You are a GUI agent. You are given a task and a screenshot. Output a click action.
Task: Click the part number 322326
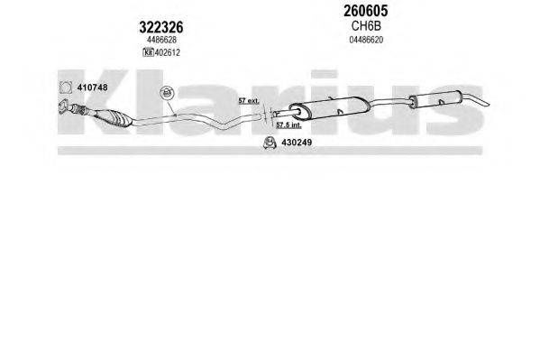(x=161, y=27)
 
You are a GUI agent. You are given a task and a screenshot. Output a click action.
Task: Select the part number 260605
(x=366, y=11)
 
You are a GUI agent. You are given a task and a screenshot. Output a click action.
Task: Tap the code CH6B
(x=366, y=26)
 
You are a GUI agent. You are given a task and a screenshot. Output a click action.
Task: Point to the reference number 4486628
(x=161, y=40)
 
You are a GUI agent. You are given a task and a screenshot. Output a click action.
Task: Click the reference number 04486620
(x=366, y=40)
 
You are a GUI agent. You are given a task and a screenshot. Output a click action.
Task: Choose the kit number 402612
(x=168, y=52)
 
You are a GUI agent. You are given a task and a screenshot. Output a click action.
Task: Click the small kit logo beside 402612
(x=148, y=52)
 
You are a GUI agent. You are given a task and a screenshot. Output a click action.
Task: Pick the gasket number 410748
(x=92, y=88)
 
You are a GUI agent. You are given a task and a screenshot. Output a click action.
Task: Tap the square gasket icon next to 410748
(x=66, y=88)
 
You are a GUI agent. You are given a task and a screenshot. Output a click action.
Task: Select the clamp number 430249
(x=297, y=143)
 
